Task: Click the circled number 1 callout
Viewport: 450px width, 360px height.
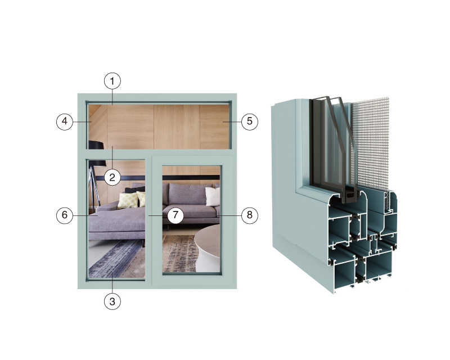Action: [112, 81]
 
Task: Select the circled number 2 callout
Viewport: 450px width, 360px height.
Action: [112, 177]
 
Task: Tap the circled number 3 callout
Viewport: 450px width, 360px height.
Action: [112, 301]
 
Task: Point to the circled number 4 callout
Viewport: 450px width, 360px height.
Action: [65, 121]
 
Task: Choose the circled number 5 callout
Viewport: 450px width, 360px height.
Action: [249, 121]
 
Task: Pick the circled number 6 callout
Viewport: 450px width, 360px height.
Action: [65, 215]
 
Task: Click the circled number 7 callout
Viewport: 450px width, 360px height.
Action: [175, 215]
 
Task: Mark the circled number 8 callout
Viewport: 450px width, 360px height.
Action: [249, 215]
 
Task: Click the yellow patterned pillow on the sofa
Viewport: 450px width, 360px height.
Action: [128, 200]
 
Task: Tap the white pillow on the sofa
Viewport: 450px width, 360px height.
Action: [213, 197]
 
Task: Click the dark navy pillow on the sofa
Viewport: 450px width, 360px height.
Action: [135, 190]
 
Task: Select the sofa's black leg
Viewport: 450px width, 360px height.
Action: [168, 227]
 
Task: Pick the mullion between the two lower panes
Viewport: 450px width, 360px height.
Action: [148, 221]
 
